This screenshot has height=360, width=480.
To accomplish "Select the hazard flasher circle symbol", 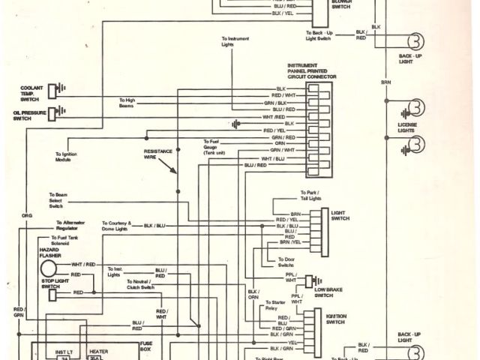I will pyautogui.click(x=48, y=268).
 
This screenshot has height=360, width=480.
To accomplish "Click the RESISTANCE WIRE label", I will pyautogui.click(x=158, y=154).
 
